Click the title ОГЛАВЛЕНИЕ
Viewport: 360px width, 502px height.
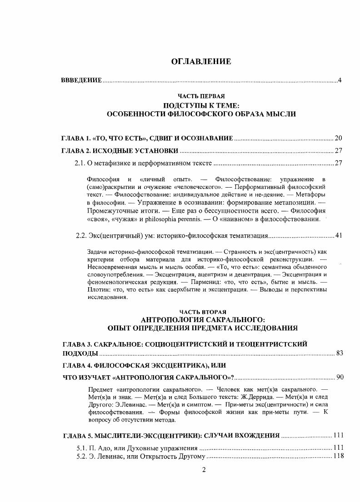click(x=201, y=62)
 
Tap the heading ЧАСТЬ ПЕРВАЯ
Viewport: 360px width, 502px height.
click(x=201, y=97)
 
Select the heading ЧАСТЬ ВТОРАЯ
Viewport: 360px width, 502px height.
click(x=202, y=312)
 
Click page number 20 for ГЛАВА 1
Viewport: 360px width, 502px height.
click(x=338, y=138)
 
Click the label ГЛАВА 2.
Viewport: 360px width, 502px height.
click(x=75, y=151)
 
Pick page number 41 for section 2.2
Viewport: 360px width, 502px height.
click(x=338, y=235)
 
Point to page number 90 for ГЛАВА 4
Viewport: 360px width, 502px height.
click(x=339, y=377)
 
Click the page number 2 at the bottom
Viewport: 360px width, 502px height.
click(x=204, y=470)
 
